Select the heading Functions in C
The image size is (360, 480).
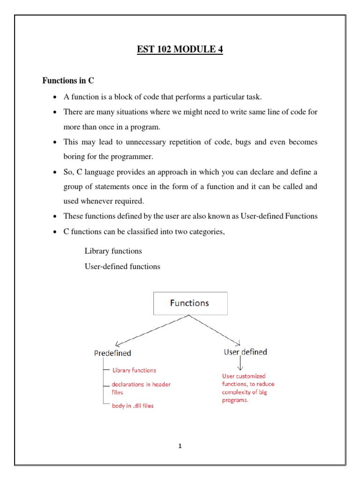pos(68,81)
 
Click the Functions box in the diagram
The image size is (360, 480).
pos(190,303)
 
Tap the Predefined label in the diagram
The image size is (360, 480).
pos(112,353)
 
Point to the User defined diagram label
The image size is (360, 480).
pos(245,352)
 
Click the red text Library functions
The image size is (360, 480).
pos(134,370)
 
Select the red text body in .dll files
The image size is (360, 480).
pos(132,405)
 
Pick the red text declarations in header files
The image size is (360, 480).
pos(141,388)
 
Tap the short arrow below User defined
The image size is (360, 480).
pos(240,364)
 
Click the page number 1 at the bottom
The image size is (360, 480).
pos(180,446)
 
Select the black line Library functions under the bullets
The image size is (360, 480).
pos(113,251)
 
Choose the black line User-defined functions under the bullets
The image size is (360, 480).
pos(122,266)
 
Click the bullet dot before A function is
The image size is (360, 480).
pos(55,97)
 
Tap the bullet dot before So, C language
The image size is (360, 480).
pos(55,172)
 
